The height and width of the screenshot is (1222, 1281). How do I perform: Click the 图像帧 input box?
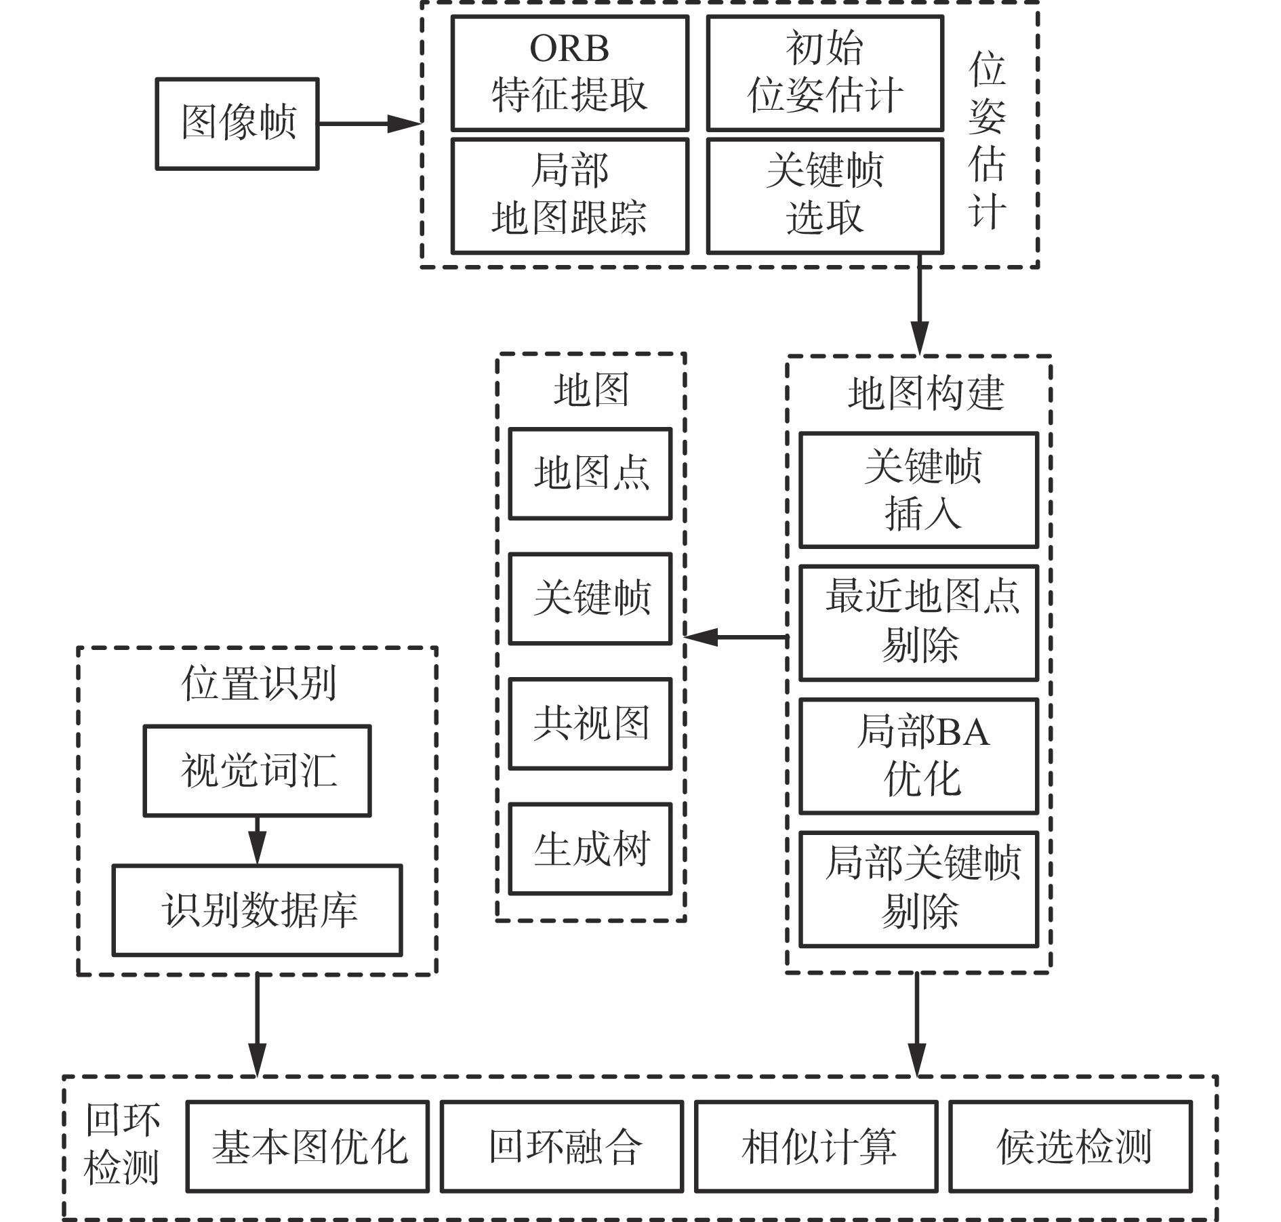[237, 123]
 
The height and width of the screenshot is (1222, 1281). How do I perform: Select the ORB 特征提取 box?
[569, 73]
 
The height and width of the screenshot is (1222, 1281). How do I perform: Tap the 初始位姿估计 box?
[825, 73]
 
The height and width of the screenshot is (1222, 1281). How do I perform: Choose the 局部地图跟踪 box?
[569, 196]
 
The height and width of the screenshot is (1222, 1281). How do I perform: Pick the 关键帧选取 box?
[825, 196]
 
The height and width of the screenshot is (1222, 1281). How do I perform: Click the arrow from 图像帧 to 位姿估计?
[369, 123]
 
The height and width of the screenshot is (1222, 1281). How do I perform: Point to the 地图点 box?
[590, 474]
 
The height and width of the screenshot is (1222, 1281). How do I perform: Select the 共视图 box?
[590, 724]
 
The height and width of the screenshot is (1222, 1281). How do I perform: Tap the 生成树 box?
[590, 849]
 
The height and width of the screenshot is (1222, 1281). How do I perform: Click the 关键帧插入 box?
[918, 489]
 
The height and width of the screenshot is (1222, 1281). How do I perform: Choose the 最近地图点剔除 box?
[918, 622]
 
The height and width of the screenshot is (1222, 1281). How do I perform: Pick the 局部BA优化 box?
[918, 756]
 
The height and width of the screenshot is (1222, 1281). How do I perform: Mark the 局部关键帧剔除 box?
[918, 889]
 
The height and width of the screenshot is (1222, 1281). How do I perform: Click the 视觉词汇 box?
[257, 771]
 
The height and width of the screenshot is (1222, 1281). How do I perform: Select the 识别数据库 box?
[257, 910]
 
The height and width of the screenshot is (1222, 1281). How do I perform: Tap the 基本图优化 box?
[308, 1146]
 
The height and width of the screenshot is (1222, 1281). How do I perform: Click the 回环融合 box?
[562, 1146]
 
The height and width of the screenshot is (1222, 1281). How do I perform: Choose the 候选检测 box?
[1070, 1146]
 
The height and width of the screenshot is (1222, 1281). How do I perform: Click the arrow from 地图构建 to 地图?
[735, 637]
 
